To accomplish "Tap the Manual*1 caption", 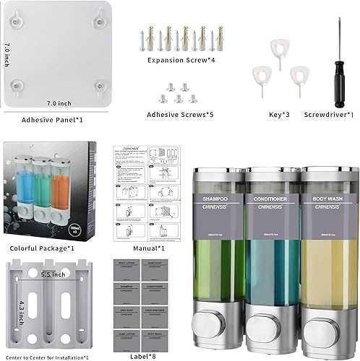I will [x=150, y=248].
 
